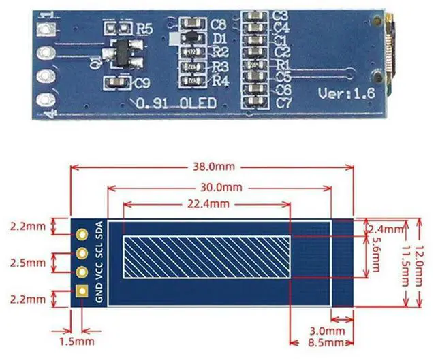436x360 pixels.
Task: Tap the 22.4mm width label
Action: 206,203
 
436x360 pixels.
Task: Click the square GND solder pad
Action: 82,292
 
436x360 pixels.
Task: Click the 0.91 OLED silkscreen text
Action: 176,103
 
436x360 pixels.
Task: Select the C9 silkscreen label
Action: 142,84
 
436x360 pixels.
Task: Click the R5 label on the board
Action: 145,29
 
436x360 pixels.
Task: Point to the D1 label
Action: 219,39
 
